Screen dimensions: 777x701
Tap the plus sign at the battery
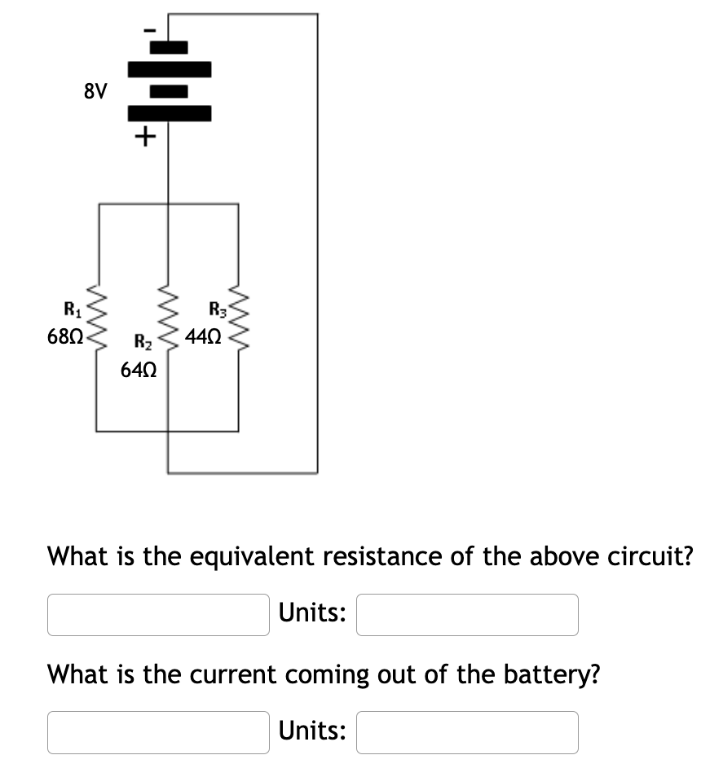click(143, 136)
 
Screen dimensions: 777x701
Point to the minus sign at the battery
click(147, 28)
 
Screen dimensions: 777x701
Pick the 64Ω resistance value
click(139, 371)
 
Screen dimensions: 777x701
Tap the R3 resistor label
click(218, 309)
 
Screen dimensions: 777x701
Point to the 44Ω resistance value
click(203, 335)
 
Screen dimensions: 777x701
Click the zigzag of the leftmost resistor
click(99, 322)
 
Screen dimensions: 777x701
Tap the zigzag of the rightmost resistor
click(239, 322)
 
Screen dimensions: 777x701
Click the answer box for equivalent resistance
click(158, 614)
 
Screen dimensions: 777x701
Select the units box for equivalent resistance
click(466, 614)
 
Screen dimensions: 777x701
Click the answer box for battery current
click(158, 732)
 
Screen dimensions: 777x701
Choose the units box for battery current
click(466, 732)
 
